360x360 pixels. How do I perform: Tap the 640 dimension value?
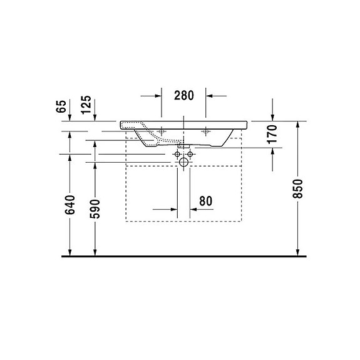coord(69,205)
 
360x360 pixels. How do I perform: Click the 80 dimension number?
coord(206,201)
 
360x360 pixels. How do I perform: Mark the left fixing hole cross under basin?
coord(162,131)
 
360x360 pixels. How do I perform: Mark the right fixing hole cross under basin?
coord(206,131)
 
